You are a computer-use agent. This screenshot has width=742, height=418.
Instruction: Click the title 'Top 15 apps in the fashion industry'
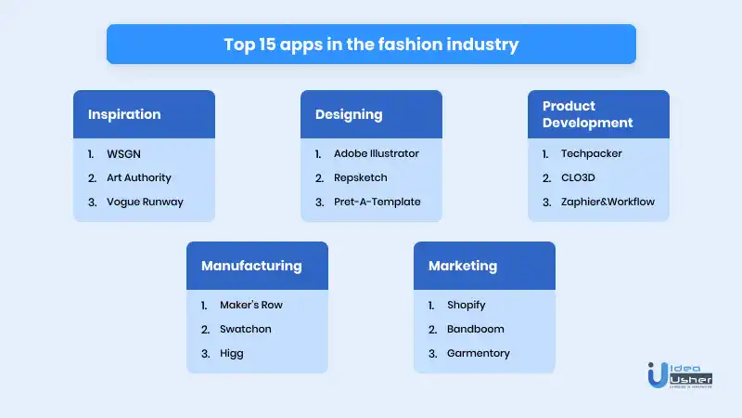click(371, 45)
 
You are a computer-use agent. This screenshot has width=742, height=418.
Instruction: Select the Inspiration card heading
click(124, 114)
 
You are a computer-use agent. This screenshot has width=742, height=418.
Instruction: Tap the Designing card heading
click(349, 114)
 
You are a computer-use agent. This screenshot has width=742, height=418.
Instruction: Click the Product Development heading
click(587, 114)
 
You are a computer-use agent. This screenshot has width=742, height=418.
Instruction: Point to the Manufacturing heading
click(251, 266)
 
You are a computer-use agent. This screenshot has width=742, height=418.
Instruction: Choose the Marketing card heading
click(463, 266)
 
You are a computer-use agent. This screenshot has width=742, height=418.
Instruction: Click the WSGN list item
click(123, 154)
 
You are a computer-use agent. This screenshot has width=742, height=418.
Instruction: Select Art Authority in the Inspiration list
click(138, 177)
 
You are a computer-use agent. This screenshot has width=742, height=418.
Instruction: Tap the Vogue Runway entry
click(145, 202)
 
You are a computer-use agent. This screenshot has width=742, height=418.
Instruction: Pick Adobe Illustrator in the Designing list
click(377, 153)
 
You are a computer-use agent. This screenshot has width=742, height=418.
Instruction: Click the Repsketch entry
click(360, 177)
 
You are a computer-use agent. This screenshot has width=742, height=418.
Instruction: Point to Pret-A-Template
click(377, 202)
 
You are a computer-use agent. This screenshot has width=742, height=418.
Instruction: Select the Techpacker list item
click(591, 153)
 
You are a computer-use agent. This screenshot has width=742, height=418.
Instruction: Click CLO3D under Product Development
click(578, 177)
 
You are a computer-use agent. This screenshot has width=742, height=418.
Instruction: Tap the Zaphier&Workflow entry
click(608, 202)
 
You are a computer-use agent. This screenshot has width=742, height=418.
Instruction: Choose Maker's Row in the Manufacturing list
click(250, 305)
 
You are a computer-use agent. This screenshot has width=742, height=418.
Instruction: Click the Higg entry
click(231, 354)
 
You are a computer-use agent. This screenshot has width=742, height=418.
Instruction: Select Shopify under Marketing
click(467, 306)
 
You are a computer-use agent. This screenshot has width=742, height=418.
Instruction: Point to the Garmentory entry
click(479, 354)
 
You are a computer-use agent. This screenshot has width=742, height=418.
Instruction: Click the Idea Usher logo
click(680, 375)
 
